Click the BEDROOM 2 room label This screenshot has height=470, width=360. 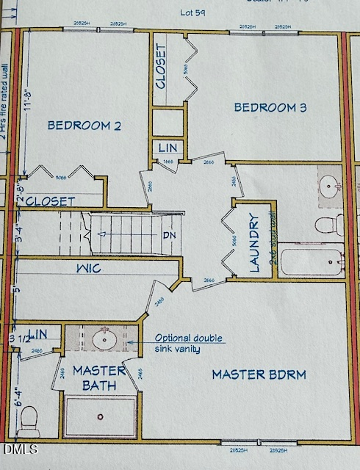click(x=84, y=126)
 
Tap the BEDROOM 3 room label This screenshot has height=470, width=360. click(x=270, y=109)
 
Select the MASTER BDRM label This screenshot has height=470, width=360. click(x=259, y=375)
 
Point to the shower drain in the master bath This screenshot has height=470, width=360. click(x=100, y=416)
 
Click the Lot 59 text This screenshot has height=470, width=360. click(x=192, y=12)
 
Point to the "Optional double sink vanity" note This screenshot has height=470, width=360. click(x=187, y=344)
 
